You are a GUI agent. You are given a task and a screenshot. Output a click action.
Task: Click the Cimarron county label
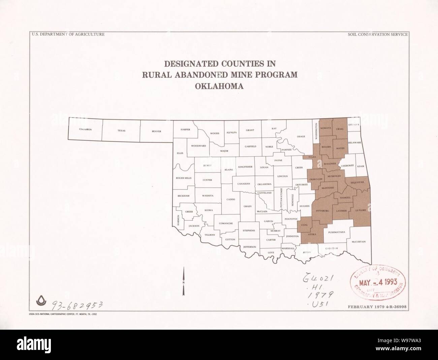tap(85, 129)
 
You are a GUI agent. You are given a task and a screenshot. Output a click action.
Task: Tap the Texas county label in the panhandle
tap(121, 130)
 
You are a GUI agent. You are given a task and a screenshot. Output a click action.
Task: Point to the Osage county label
tap(301, 136)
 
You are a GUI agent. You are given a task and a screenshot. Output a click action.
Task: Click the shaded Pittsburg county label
tap(322, 210)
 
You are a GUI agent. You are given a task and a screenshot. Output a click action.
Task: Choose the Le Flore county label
tap(360, 210)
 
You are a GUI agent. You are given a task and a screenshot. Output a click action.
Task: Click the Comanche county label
tap(226, 223)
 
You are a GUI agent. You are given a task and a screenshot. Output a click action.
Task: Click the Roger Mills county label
tap(184, 178)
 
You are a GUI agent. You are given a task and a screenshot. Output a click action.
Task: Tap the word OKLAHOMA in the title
tap(219, 86)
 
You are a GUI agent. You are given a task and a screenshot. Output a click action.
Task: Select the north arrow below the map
tap(183, 282)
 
